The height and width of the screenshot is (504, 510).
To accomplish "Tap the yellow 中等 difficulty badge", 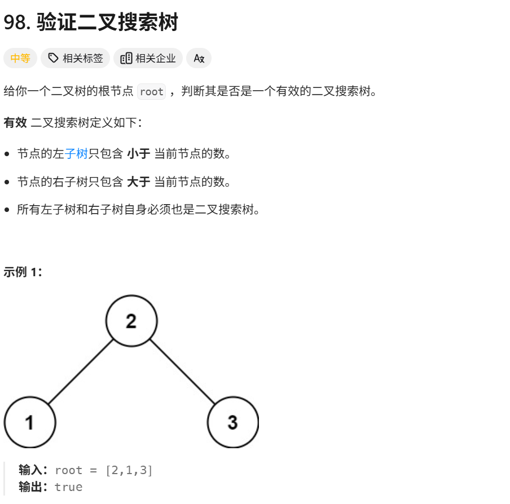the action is click(x=20, y=58).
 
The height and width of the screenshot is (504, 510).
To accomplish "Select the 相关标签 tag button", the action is click(x=76, y=58).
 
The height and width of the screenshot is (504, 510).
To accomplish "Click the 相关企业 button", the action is click(x=148, y=58).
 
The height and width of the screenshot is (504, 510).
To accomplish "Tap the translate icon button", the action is click(x=199, y=58).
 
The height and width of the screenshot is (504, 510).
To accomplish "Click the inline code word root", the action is click(x=151, y=92).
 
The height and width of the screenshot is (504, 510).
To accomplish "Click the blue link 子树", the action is click(x=77, y=153).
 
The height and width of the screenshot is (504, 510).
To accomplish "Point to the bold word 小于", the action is click(x=138, y=153).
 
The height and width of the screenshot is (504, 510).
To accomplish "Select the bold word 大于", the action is click(x=138, y=182).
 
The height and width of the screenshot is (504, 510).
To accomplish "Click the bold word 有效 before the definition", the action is click(x=15, y=122).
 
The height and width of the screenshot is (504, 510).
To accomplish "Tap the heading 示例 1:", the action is click(x=23, y=272).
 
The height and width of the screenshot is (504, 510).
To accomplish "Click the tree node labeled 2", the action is click(x=131, y=321).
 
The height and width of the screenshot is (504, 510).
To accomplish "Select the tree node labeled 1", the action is click(x=30, y=422).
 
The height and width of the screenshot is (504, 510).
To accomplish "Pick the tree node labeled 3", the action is click(x=233, y=422).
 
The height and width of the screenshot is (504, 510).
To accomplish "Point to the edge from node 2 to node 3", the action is click(x=182, y=372).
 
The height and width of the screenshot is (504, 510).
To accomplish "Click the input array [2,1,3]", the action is click(x=129, y=470).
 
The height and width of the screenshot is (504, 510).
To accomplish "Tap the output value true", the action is click(x=68, y=487).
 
